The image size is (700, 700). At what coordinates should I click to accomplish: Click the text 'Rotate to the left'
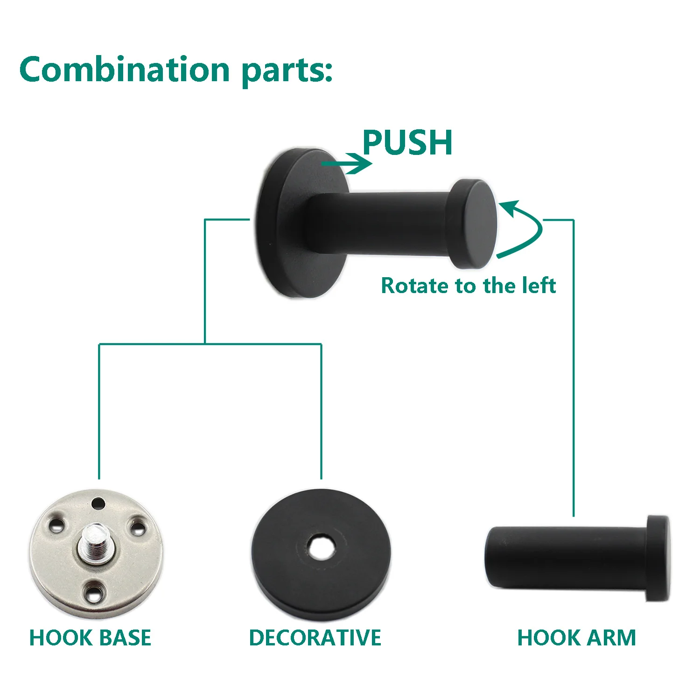(468, 286)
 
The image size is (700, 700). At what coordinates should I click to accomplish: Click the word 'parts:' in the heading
(287, 71)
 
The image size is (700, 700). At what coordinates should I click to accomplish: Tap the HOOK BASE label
(90, 637)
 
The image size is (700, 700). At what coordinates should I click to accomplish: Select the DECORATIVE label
(315, 637)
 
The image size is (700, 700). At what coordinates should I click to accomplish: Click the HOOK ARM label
(576, 637)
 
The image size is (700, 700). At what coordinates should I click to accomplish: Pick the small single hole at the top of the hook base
(98, 504)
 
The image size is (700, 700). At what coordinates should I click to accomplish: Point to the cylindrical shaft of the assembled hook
(378, 224)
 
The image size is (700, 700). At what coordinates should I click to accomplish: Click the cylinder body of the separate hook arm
(565, 558)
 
